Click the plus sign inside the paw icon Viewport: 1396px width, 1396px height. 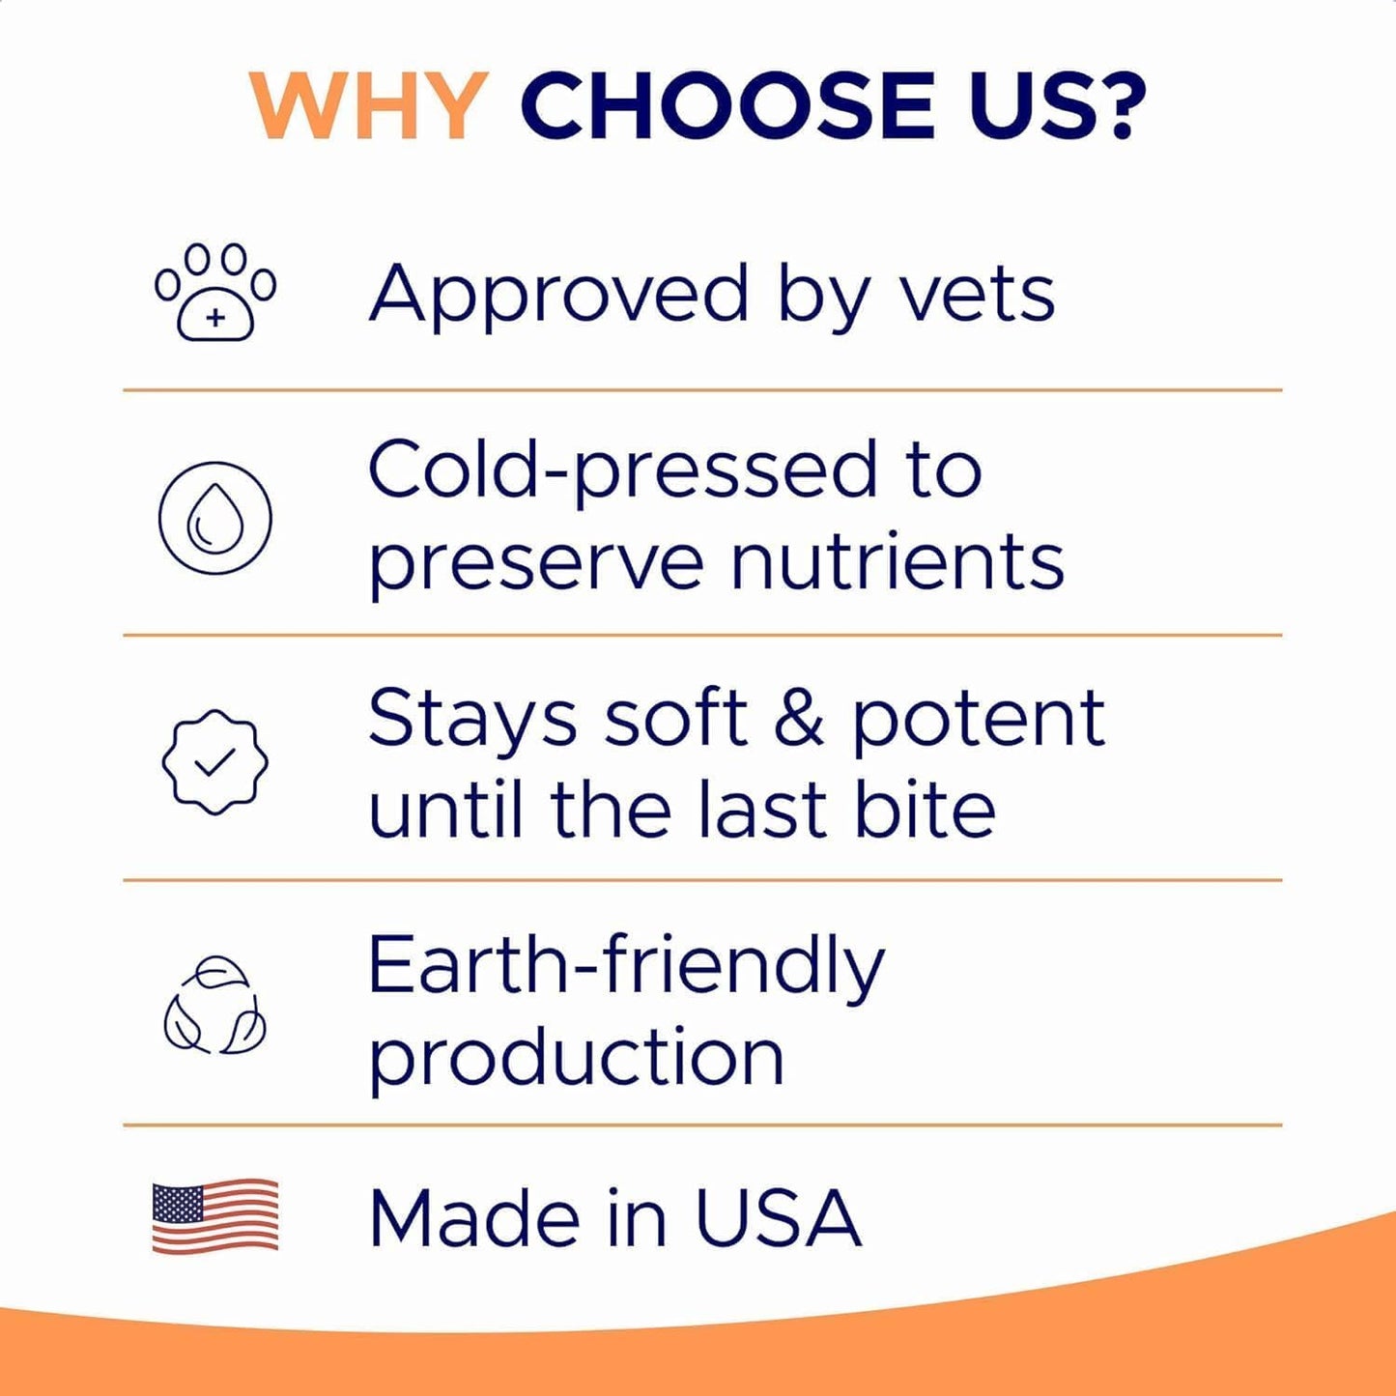click(x=215, y=317)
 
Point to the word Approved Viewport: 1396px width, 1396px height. click(x=558, y=295)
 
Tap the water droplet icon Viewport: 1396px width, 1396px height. click(x=214, y=518)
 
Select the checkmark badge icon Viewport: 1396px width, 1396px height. click(x=214, y=762)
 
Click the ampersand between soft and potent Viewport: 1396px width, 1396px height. click(x=798, y=719)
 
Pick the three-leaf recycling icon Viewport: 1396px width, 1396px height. click(x=214, y=1006)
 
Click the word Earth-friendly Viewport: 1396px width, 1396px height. click(x=626, y=966)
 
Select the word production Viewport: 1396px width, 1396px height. click(x=576, y=1058)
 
